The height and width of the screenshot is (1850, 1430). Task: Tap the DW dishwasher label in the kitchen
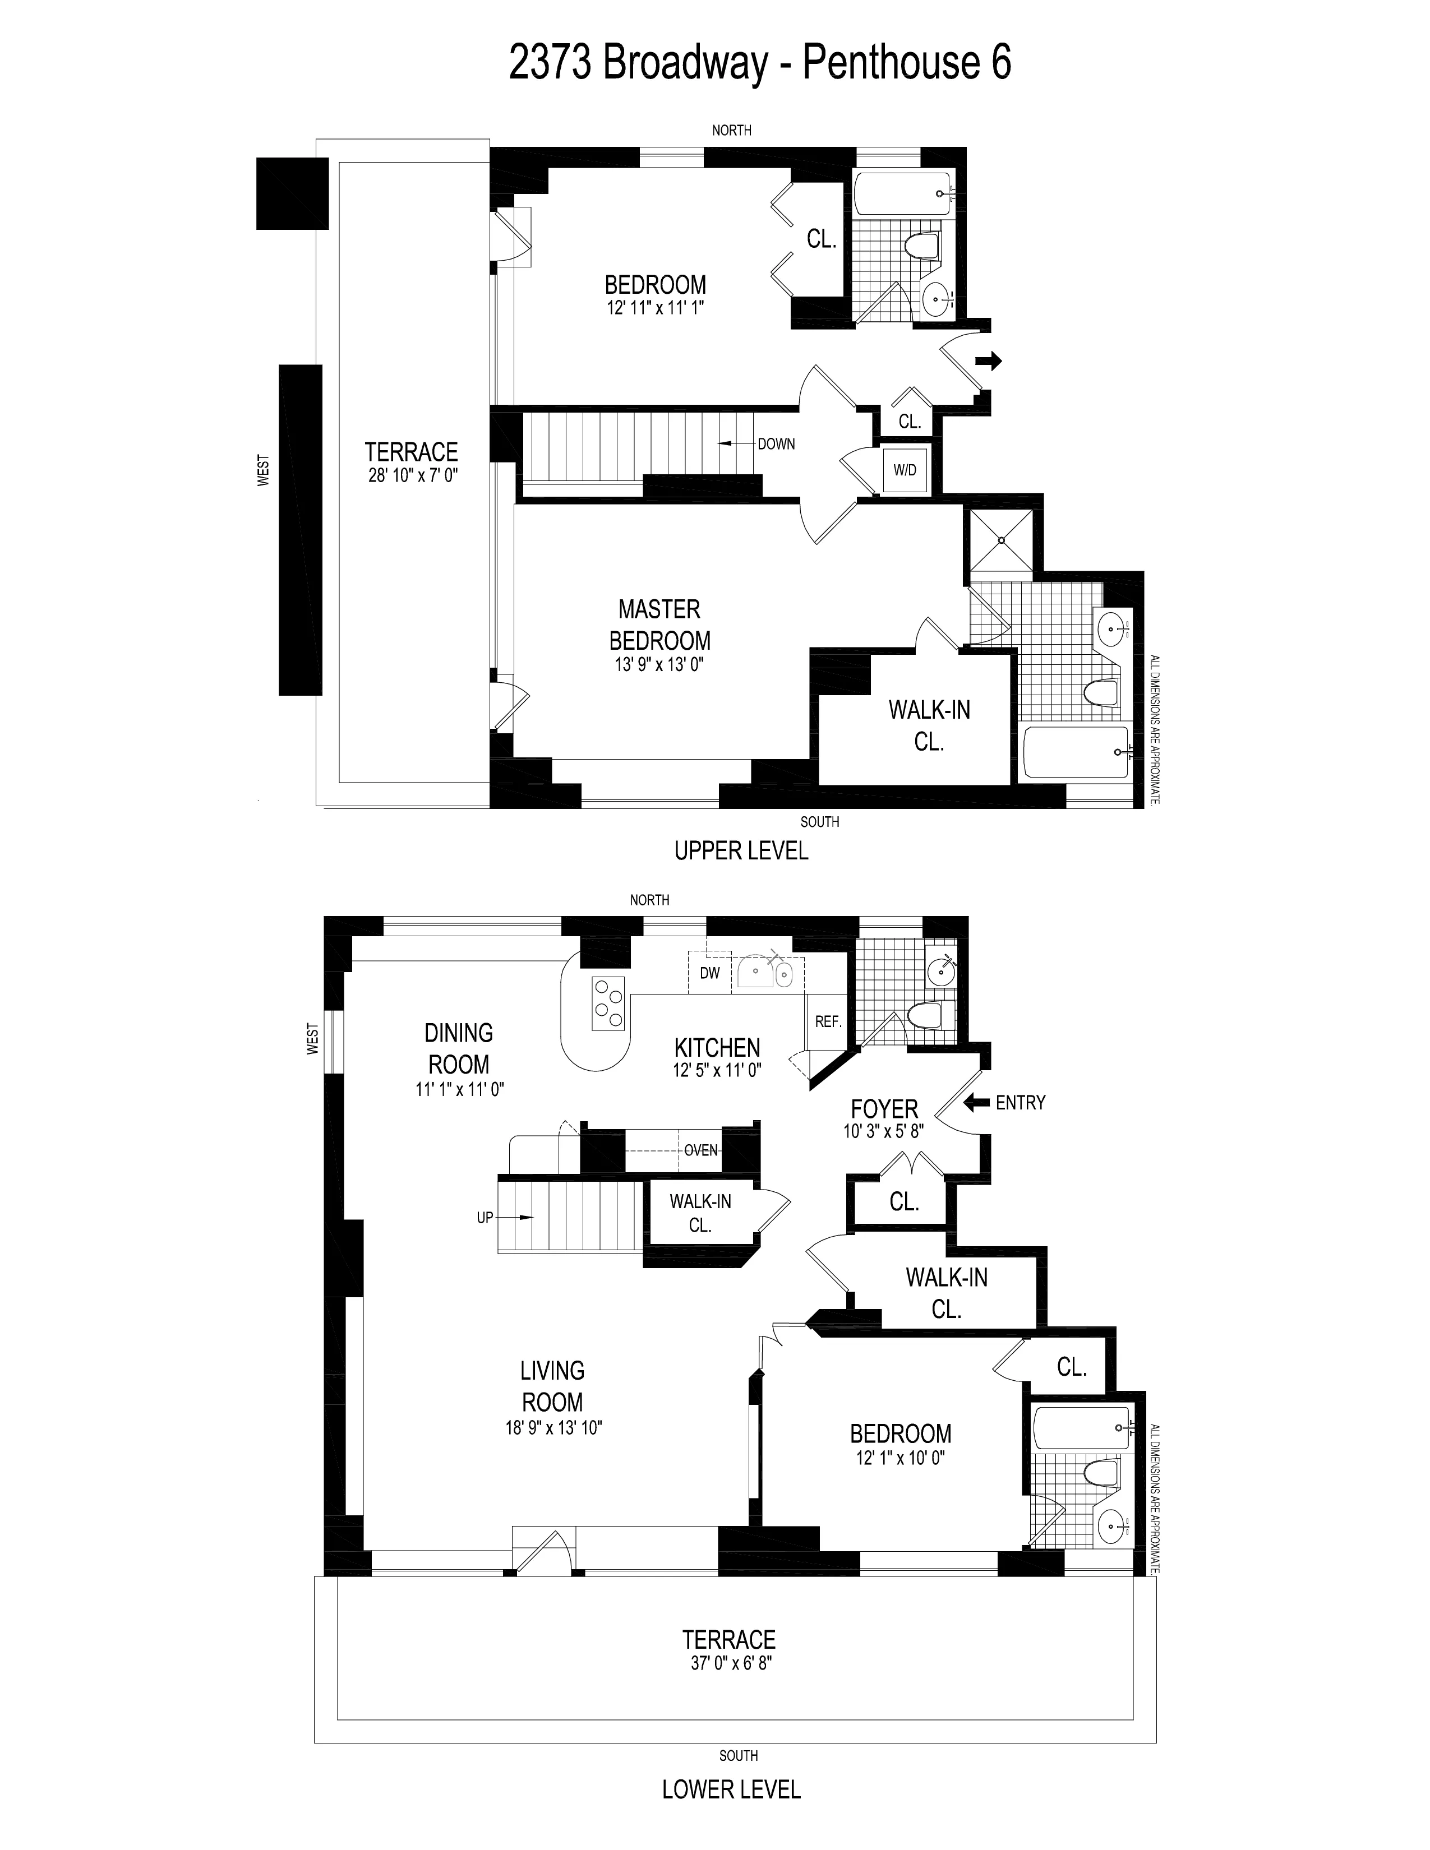click(x=710, y=973)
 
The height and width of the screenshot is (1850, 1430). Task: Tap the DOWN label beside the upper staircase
click(x=776, y=444)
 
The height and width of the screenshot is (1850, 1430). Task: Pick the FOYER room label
click(x=884, y=1109)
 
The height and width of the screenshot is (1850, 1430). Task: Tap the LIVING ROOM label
click(x=552, y=1386)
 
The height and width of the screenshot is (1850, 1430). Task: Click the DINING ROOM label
click(x=458, y=1049)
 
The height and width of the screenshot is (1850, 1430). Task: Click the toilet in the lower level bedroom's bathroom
click(x=1100, y=1472)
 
